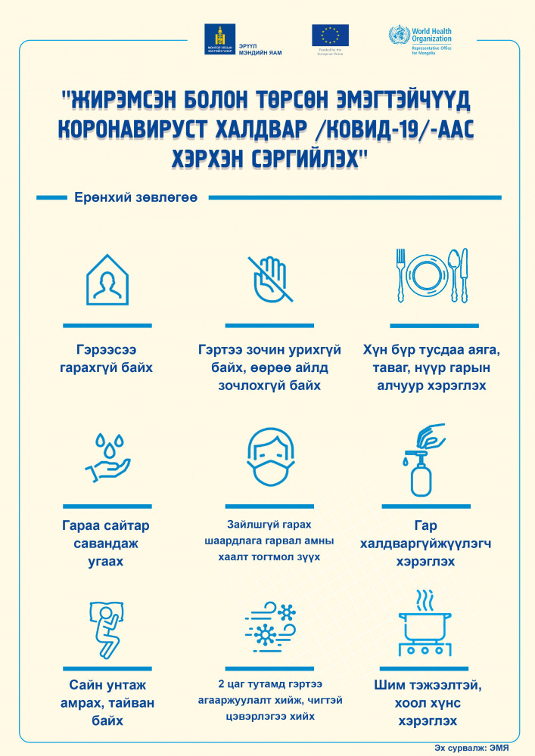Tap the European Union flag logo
pos(330,37)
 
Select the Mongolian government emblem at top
pos(219,39)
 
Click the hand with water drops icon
pos(107,457)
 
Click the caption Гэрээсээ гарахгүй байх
pos(107,360)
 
